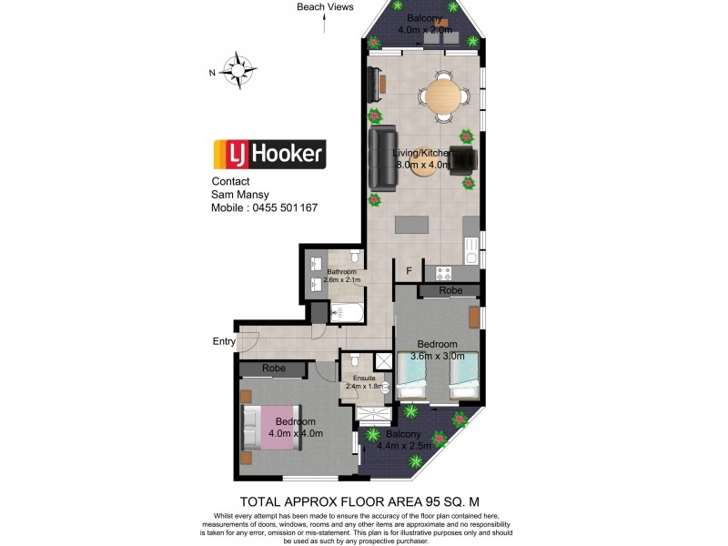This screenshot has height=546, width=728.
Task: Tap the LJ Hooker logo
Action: (x=268, y=154)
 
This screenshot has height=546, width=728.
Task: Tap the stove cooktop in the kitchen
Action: (x=444, y=272)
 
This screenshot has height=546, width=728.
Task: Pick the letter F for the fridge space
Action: (x=409, y=270)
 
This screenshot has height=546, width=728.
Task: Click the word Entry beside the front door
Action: (x=223, y=341)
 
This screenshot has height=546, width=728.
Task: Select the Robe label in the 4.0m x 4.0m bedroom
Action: (x=274, y=369)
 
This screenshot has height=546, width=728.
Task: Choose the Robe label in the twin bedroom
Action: (x=450, y=290)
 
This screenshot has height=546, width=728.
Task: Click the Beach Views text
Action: (x=325, y=7)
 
